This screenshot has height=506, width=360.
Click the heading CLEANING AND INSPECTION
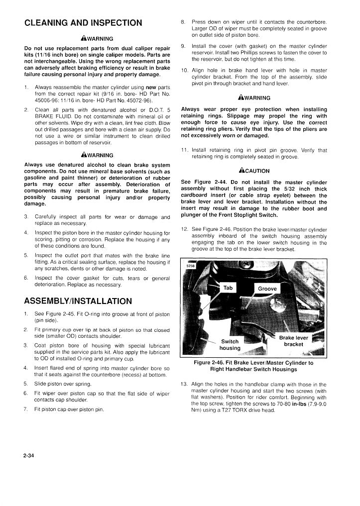[x=83, y=23]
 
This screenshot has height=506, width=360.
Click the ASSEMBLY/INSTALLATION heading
[x=78, y=301]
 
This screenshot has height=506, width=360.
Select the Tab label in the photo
[x=228, y=288]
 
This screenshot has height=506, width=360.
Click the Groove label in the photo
[x=267, y=289]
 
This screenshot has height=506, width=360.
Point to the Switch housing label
[x=230, y=345]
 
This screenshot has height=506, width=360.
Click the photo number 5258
[x=190, y=266]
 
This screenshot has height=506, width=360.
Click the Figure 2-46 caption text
[x=254, y=366]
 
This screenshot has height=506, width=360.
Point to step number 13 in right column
[x=184, y=385]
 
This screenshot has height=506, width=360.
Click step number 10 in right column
[x=184, y=70]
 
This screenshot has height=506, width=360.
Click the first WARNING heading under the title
[x=97, y=38]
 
